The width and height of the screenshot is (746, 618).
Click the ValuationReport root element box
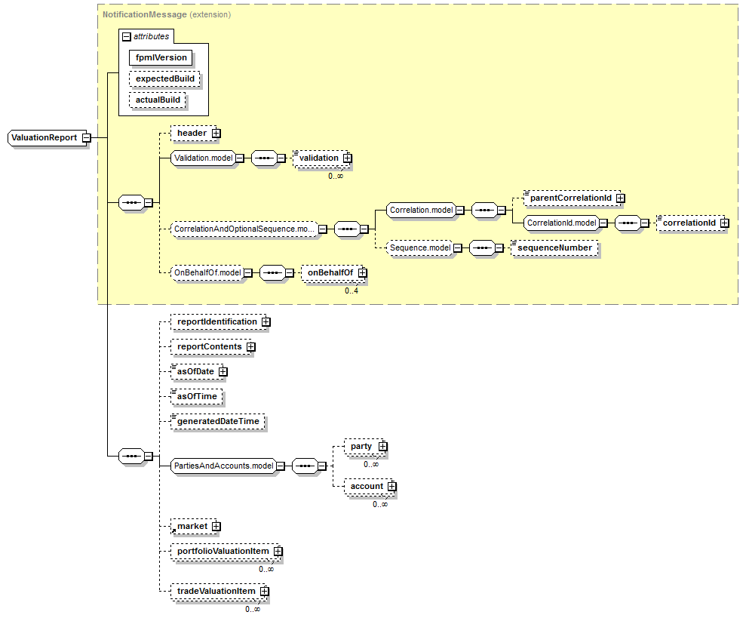[x=45, y=137]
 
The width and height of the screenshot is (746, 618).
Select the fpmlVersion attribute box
[x=161, y=57]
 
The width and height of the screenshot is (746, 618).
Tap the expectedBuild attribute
[x=161, y=78]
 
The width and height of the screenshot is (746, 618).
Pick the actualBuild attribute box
[x=157, y=100]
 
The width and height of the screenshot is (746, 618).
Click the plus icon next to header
[x=216, y=134]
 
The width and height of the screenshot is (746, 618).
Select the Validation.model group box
[x=201, y=158]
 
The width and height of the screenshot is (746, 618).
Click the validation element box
[x=318, y=158]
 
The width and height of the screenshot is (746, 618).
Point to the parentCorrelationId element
[x=569, y=198]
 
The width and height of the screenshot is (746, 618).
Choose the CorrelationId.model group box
[x=561, y=223]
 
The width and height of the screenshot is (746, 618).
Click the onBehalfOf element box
[x=330, y=272]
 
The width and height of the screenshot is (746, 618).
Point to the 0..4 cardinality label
[x=352, y=291]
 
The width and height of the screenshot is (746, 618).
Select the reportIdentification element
[x=216, y=321]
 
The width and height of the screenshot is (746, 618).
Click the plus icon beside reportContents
[x=251, y=347]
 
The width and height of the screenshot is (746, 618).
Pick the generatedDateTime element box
[x=219, y=422]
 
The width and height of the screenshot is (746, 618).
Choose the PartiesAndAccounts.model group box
[x=223, y=466]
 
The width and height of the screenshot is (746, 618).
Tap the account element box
[x=367, y=487]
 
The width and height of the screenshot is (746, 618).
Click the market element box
[x=192, y=526]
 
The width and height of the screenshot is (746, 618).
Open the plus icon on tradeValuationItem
[x=264, y=592]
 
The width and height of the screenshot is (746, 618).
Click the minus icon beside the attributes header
[x=126, y=36]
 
